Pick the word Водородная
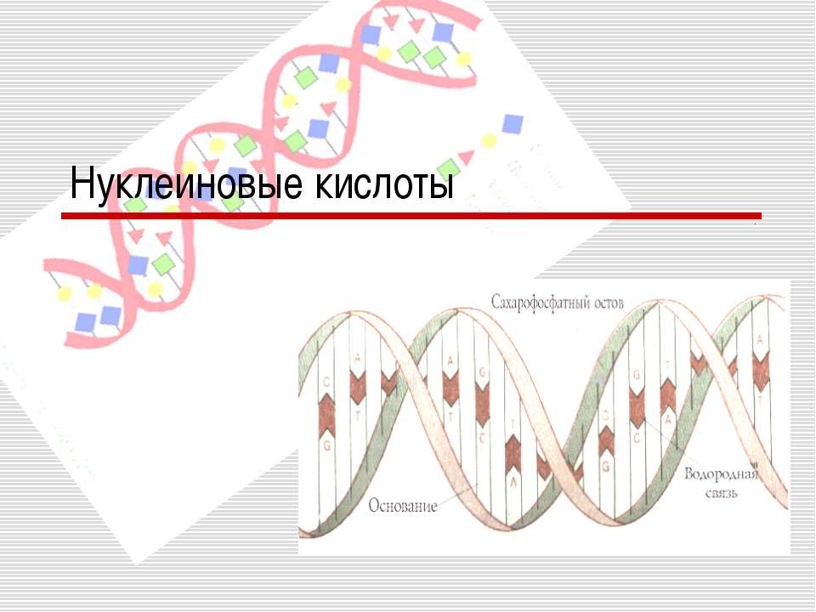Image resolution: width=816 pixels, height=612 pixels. (x=721, y=473)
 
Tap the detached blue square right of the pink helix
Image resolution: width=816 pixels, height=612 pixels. (x=512, y=124)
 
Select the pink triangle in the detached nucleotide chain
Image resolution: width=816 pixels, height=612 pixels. (x=467, y=157)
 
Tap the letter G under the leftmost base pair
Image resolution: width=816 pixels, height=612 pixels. (x=325, y=444)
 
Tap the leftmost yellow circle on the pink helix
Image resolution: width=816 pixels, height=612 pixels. (x=64, y=294)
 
